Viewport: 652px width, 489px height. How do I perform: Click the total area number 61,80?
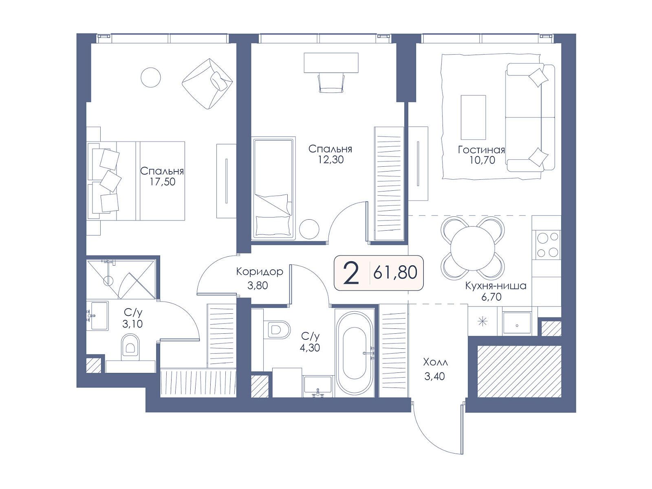pos(395,272)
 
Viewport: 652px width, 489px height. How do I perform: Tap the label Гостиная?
pos(481,150)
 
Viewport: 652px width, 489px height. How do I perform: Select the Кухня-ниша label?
pos(496,286)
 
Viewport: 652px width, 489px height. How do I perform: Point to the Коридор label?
pos(260,271)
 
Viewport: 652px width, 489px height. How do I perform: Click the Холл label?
pos(435,362)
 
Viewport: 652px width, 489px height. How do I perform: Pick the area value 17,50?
pos(162,182)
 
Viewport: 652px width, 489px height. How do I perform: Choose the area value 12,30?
pos(330,159)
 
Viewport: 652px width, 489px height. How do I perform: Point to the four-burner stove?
pos(548,244)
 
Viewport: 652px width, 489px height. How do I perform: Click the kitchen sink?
pos(517,323)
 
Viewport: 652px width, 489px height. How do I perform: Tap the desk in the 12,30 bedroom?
pos(331,63)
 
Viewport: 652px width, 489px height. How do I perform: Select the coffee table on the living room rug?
pos(473,117)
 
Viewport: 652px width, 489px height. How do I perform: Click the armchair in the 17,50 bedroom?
pos(207,84)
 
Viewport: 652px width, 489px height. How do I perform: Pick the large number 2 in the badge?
pos(351,273)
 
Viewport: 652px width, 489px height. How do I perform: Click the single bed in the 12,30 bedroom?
pos(273,189)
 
